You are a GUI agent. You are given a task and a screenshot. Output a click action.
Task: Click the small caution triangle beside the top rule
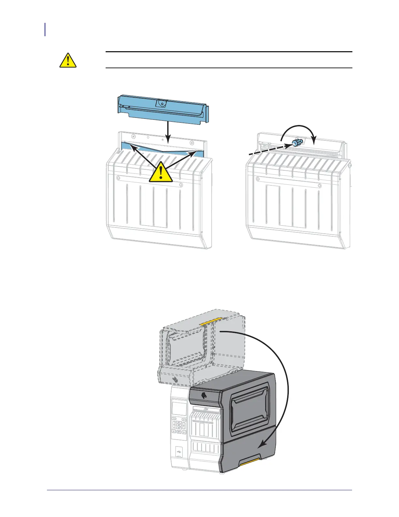pyautogui.click(x=68, y=60)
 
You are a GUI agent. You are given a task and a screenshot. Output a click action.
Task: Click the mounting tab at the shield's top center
pyautogui.click(x=161, y=103)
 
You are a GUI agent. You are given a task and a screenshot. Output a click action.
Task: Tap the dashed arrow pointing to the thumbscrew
pyautogui.click(x=267, y=150)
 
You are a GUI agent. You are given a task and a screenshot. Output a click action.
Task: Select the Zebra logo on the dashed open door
pyautogui.click(x=175, y=379)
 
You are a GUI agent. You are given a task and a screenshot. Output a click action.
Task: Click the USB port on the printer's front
pyautogui.click(x=179, y=452)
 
